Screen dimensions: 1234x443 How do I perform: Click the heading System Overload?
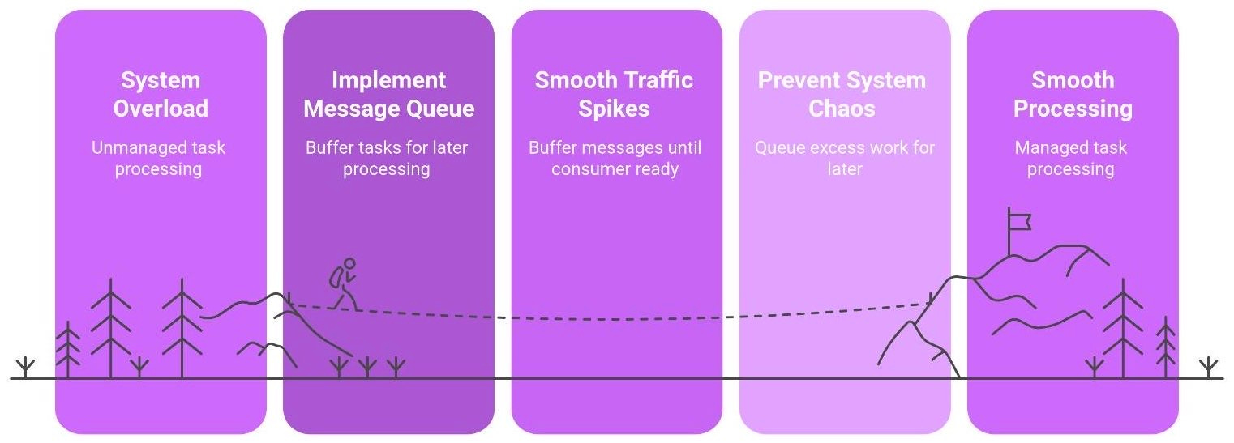click(161, 94)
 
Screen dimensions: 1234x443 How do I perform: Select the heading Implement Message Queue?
click(388, 94)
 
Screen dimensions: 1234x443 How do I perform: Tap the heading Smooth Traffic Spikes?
click(614, 94)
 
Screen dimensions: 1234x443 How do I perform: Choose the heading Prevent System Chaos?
click(842, 94)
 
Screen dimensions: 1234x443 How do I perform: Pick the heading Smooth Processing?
click(1073, 94)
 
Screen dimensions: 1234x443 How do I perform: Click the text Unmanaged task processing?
click(158, 159)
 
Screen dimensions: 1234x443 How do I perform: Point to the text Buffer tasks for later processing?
click(387, 159)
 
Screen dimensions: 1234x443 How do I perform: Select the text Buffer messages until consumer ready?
click(615, 159)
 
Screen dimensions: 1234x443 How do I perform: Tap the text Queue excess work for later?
click(844, 159)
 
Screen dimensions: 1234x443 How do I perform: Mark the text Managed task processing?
click(1070, 159)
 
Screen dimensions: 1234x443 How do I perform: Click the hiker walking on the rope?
click(344, 285)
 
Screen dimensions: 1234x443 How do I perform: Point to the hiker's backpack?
click(336, 278)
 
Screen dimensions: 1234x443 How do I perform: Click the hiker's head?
click(349, 263)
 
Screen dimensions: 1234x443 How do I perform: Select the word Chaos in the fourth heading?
click(842, 108)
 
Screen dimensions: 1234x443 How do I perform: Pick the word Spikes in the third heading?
click(614, 108)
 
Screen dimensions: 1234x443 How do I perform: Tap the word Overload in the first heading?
click(161, 108)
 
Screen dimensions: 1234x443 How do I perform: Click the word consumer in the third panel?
click(590, 170)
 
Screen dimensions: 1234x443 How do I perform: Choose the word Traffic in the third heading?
click(653, 80)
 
